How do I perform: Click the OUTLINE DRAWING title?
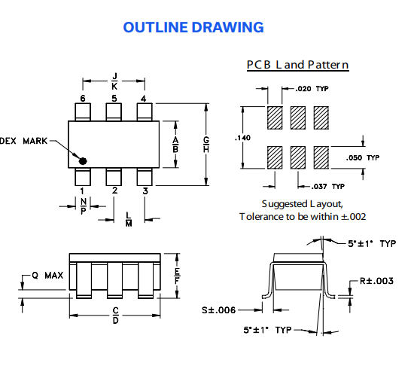tap(193, 28)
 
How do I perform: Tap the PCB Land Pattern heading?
tap(297, 65)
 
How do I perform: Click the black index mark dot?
tap(84, 160)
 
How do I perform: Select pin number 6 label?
tap(83, 99)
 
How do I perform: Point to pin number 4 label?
tap(144, 99)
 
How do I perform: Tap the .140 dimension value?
tap(242, 138)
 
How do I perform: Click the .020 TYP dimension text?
tap(312, 89)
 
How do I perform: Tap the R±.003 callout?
tap(376, 281)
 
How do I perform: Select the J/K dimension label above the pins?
tap(114, 81)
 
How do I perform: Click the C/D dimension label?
tap(115, 315)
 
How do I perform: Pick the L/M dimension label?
tap(129, 218)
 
